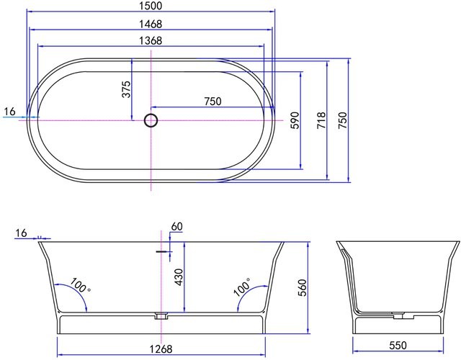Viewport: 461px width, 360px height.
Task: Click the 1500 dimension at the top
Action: [x=151, y=6]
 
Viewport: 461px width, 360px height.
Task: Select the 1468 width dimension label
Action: [x=151, y=24]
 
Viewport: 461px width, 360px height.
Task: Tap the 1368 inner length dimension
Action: [x=151, y=41]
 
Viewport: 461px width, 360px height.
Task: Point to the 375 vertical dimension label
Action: [x=126, y=89]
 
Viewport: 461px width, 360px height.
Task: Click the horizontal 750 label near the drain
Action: [x=212, y=102]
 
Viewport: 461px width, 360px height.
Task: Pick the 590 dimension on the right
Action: [x=294, y=120]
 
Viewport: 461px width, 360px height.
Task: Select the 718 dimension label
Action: [x=321, y=120]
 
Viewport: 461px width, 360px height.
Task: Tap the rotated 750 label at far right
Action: [x=343, y=120]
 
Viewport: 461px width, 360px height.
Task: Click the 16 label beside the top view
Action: [x=9, y=112]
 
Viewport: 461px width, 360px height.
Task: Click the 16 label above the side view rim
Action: [x=20, y=233]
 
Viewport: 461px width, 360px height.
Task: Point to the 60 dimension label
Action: [x=177, y=227]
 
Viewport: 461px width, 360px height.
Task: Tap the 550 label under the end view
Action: [x=398, y=350]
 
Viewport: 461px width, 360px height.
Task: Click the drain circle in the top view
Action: [x=151, y=120]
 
